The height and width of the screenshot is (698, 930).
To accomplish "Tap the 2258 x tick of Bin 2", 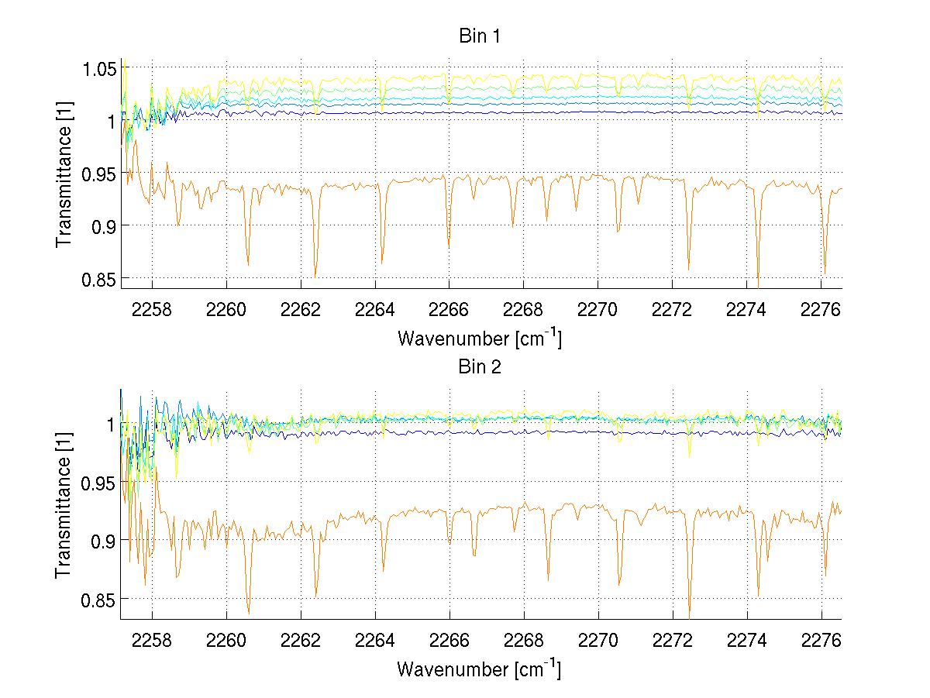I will tap(152, 641).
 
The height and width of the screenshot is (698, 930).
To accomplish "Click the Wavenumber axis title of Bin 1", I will tap(479, 338).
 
